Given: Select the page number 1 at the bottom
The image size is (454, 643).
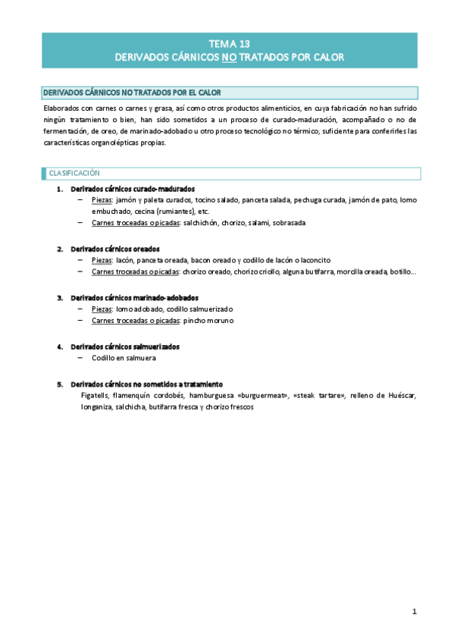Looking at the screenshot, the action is tap(415, 611).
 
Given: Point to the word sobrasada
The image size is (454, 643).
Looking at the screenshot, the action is tap(287, 223).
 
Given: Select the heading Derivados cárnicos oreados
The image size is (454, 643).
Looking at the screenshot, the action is tap(114, 249).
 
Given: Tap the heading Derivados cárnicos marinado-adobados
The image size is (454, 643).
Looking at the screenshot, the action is tap(134, 297).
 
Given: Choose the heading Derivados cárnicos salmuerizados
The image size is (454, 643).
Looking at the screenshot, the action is tap(125, 347).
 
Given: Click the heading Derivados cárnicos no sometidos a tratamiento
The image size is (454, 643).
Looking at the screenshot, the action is tap(146, 384).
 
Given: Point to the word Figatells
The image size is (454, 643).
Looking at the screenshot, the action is tap(95, 395).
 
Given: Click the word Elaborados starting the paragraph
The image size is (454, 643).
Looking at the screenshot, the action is tap(63, 108).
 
